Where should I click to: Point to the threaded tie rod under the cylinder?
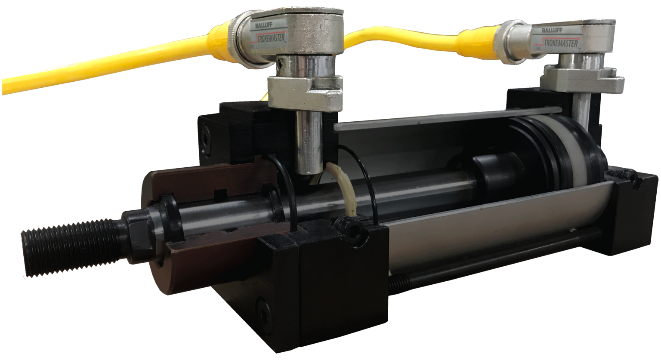coord(495,258)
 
